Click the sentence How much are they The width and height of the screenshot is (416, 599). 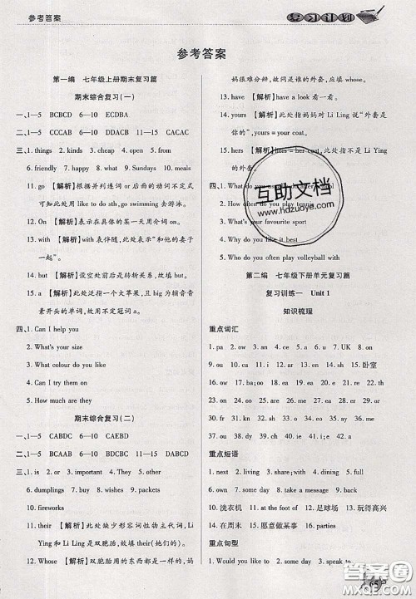[x=57, y=400]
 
